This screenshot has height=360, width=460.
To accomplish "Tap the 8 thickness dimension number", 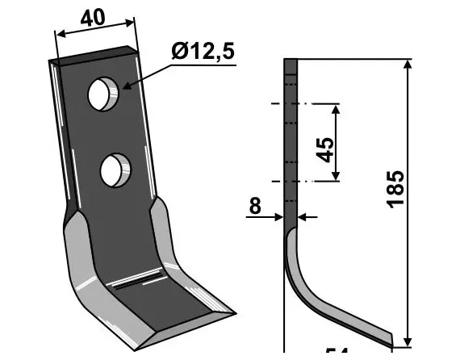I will tap(255, 207).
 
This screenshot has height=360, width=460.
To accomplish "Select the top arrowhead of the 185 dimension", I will tap(408, 65).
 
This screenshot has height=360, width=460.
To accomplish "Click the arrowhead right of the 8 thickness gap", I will tap(303, 216).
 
